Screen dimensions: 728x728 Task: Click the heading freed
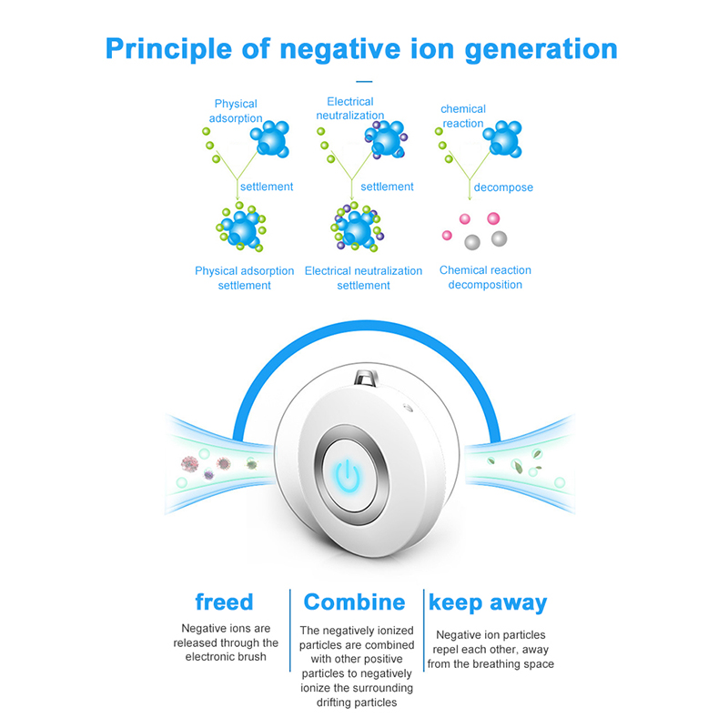coord(224,602)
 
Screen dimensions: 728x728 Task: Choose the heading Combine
coord(354,602)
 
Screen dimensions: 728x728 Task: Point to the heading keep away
coord(488,602)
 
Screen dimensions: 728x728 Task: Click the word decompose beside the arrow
coord(503,187)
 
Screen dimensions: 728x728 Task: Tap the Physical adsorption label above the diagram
coord(237,111)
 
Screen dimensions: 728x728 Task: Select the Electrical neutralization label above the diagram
coord(350,108)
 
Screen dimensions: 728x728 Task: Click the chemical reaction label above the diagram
coord(463,116)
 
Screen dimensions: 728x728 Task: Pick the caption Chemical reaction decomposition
coord(485,278)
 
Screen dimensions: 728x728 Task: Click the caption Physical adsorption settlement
coord(244,278)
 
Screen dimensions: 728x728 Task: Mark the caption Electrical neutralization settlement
coord(363,278)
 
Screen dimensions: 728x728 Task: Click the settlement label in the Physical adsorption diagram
coord(267,187)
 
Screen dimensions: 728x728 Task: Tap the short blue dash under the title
coord(363,82)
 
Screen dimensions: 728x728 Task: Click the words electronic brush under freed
coord(224,656)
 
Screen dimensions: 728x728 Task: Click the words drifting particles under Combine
coord(357,702)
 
